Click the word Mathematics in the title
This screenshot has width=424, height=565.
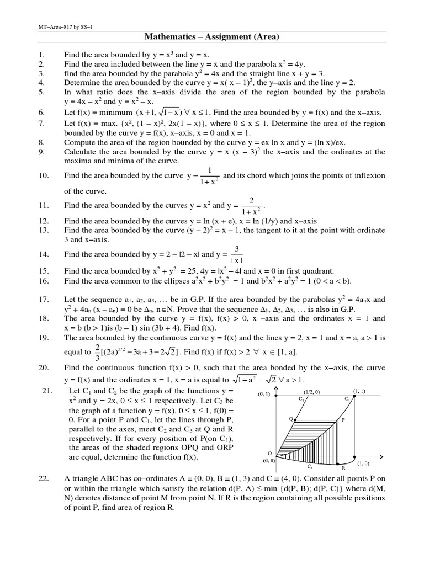[169, 37]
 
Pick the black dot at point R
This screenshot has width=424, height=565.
[337, 464]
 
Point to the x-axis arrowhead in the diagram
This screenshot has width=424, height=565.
[382, 456]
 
